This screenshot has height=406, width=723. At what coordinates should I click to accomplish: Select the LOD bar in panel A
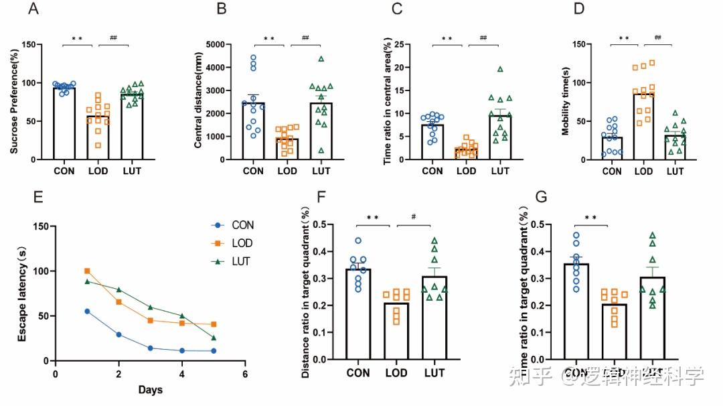[x=98, y=137]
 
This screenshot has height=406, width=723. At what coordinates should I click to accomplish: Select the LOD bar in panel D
[x=643, y=127]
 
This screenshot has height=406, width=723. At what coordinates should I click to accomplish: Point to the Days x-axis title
[x=150, y=390]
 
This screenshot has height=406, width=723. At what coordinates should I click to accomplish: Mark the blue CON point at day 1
[x=87, y=312]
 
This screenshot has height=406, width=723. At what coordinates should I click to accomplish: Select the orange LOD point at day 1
[x=87, y=271]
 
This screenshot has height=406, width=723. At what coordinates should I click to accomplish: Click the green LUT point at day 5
[x=214, y=338]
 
